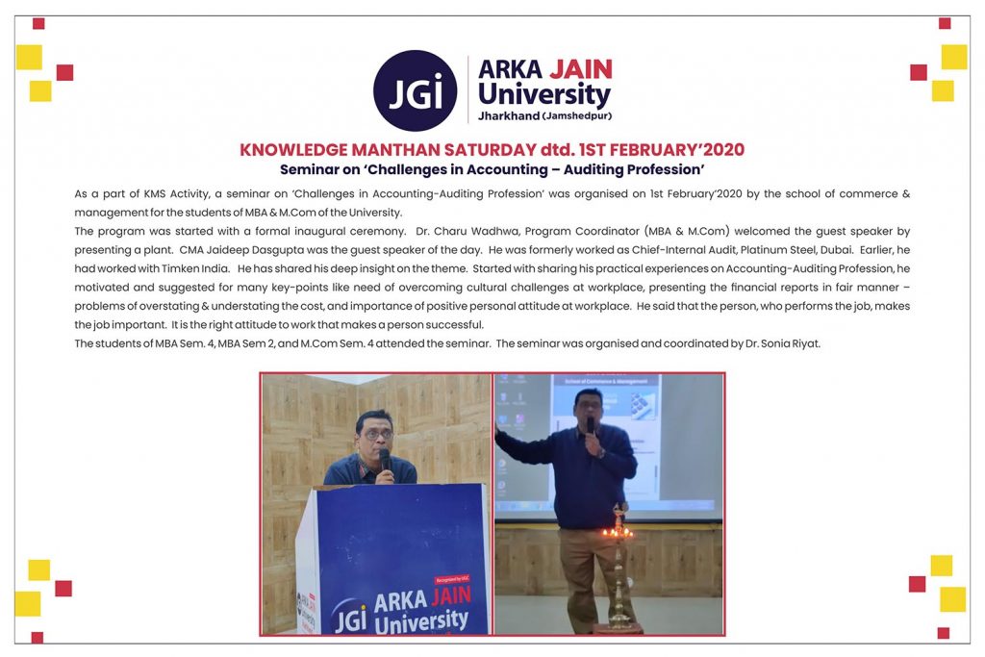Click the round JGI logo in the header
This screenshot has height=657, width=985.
coord(415,90)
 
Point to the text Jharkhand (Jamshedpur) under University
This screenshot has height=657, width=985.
coord(544,116)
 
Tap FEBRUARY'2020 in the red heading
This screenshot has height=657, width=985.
coord(678,150)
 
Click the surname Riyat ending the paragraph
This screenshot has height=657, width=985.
coord(801,342)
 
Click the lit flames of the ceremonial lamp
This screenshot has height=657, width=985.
coord(617,530)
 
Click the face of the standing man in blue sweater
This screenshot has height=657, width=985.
coord(587,406)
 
